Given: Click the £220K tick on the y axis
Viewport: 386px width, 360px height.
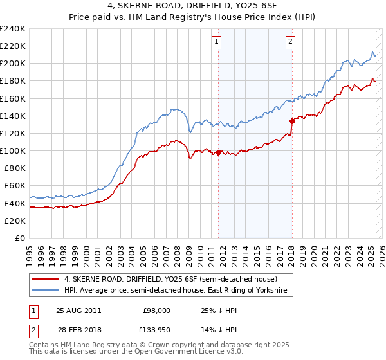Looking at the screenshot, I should pyautogui.click(x=13, y=46).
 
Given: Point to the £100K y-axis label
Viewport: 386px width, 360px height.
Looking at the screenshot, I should pyautogui.click(x=13, y=150).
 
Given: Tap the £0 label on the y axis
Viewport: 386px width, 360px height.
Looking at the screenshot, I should pyautogui.click(x=21, y=238).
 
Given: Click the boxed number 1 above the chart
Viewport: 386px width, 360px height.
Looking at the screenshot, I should pyautogui.click(x=216, y=42).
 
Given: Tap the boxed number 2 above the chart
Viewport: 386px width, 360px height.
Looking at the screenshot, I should pyautogui.click(x=291, y=42).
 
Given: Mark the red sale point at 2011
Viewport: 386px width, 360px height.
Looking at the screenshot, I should pyautogui.click(x=219, y=152).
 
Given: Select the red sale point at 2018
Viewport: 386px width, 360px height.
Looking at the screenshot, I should pyautogui.click(x=292, y=120).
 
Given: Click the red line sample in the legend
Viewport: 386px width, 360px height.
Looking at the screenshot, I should pyautogui.click(x=45, y=279).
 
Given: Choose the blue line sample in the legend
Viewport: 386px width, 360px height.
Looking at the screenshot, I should pyautogui.click(x=45, y=291).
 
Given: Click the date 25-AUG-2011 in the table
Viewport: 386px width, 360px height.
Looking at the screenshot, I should pyautogui.click(x=78, y=310).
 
